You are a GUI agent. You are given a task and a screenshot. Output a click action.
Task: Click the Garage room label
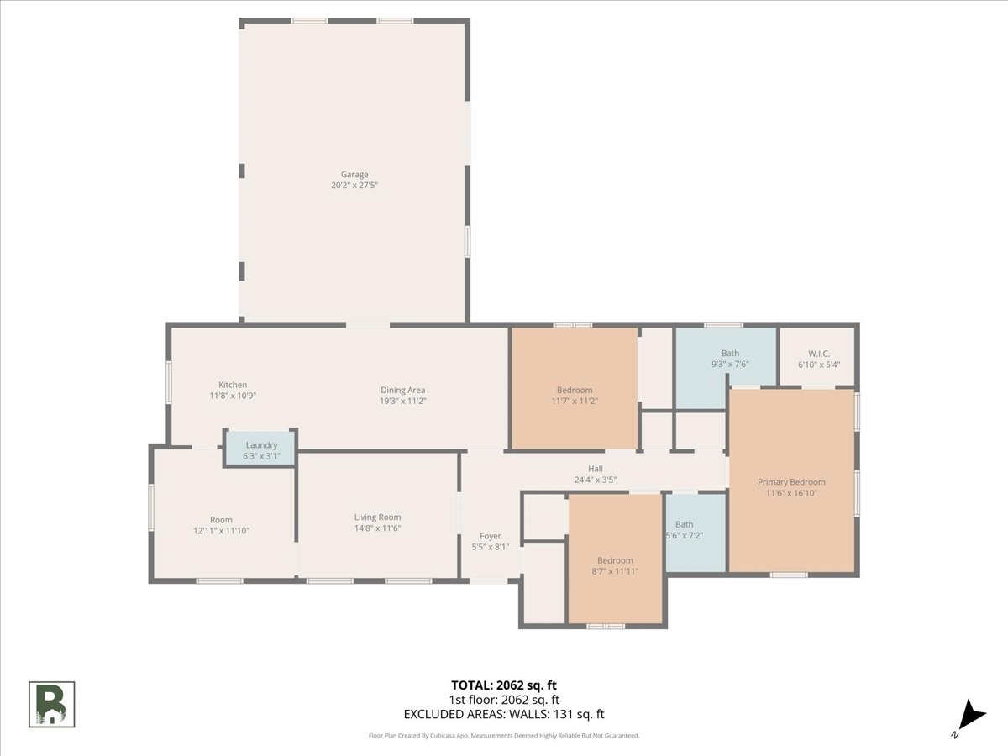tap(354, 175)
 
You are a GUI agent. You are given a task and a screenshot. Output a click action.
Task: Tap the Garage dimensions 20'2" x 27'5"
tap(354, 186)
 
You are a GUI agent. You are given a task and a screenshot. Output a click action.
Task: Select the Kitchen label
tap(233, 385)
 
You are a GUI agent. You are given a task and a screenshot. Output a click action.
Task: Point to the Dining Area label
tap(402, 390)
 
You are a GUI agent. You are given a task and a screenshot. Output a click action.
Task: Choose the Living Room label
tap(377, 517)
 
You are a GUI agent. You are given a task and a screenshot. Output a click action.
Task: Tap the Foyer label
tap(490, 536)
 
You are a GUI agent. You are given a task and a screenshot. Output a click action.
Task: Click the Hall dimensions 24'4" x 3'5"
tap(596, 480)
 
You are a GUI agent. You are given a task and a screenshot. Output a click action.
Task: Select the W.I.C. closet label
tap(819, 354)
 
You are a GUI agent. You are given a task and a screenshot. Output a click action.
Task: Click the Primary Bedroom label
tap(791, 482)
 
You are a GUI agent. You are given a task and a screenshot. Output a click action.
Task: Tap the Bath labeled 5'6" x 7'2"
tap(696, 533)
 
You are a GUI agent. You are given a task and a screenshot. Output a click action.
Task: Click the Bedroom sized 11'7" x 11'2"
tap(574, 388)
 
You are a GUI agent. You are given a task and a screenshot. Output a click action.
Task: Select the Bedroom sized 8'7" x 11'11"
tap(615, 559)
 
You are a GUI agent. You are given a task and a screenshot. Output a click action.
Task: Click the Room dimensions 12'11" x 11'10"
tap(221, 531)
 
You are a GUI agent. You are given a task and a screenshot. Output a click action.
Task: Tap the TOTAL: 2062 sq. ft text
tap(504, 685)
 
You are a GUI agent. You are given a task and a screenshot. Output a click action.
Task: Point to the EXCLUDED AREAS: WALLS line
tap(504, 714)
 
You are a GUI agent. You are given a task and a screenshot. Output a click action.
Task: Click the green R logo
tap(51, 705)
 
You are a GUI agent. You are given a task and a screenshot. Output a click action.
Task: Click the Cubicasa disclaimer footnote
tap(504, 736)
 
